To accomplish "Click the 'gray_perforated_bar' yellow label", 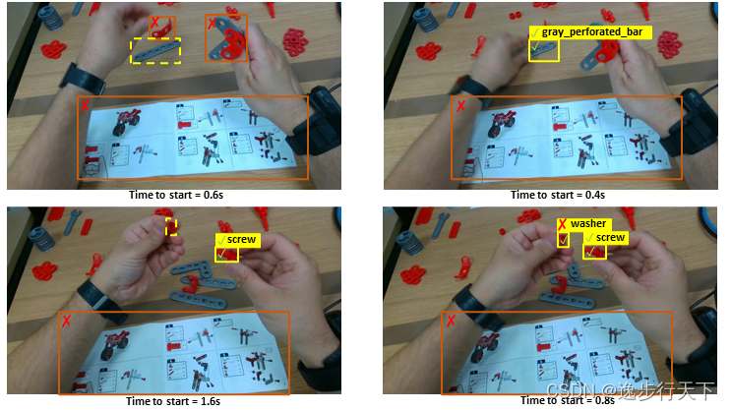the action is click(x=590, y=32).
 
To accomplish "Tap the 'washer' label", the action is click(x=584, y=224).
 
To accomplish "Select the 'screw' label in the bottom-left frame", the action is click(x=238, y=240).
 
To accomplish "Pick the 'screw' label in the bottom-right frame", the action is click(x=606, y=238).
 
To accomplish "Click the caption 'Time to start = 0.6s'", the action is click(x=176, y=195).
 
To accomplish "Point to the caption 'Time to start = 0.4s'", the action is click(x=558, y=195).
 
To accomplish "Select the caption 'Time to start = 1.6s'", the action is click(x=173, y=401).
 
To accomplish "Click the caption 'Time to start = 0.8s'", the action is click(x=568, y=400).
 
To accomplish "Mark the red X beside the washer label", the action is click(x=563, y=224).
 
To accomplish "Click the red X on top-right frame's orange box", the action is click(x=460, y=106).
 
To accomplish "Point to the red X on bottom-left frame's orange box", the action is click(x=67, y=321).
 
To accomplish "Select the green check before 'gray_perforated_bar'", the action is click(x=534, y=33).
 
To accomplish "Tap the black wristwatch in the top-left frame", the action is click(x=86, y=80).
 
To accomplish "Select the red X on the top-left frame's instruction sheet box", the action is click(x=85, y=106).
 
